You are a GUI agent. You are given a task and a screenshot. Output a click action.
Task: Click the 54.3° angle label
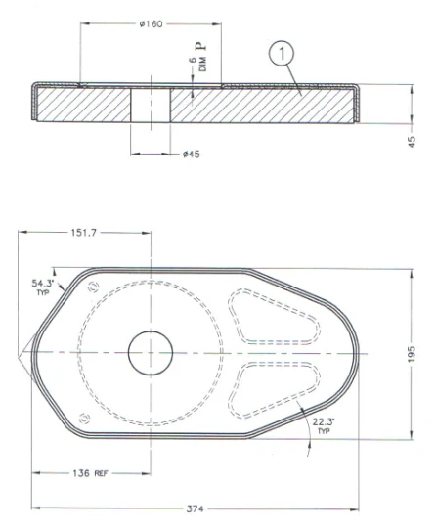pyautogui.click(x=44, y=284)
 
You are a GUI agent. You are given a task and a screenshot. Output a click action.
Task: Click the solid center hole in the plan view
pyautogui.click(x=149, y=352)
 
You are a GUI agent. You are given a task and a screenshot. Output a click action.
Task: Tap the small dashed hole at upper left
pyautogui.click(x=93, y=287)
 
